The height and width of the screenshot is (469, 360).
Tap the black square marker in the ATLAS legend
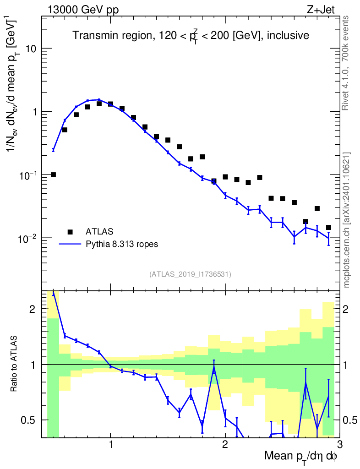coord(70,232)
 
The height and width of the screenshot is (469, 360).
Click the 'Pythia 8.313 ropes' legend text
coord(121,244)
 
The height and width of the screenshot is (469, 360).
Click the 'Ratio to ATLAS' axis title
coord(15,364)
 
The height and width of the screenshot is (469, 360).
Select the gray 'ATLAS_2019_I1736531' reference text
coord(190,274)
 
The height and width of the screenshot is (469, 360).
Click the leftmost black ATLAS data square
coord(53,175)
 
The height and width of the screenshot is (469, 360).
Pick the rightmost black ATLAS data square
coord(328,227)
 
